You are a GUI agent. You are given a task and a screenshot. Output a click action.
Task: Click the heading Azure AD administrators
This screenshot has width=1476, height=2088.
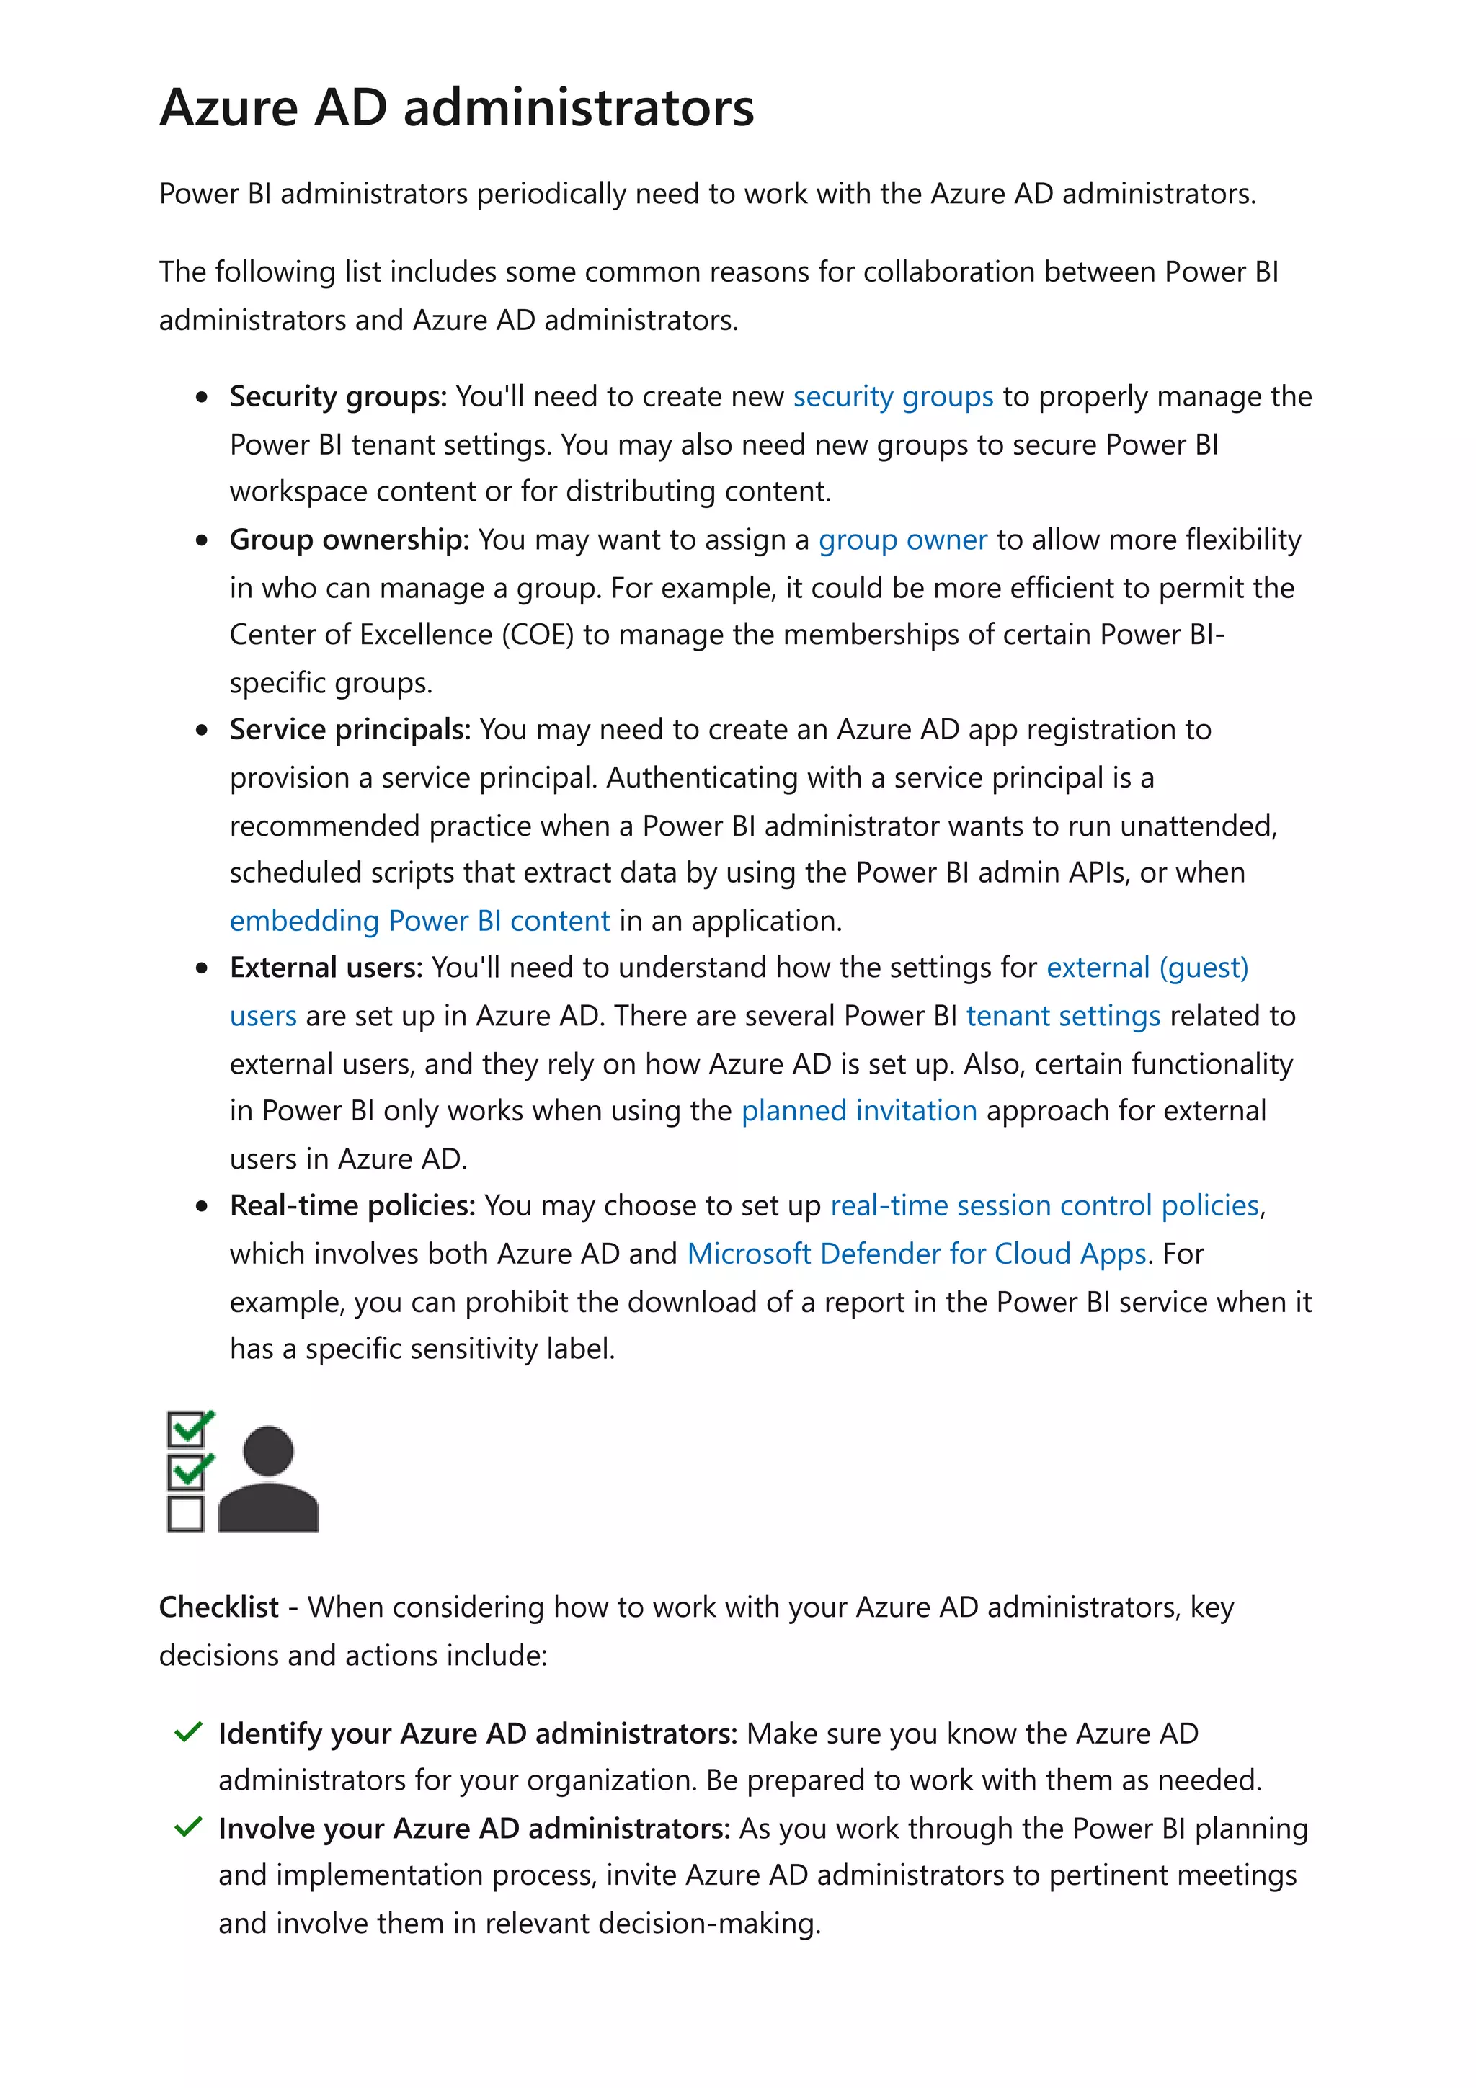(x=455, y=107)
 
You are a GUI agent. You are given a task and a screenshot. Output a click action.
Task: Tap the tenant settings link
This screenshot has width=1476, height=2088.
(x=1062, y=1015)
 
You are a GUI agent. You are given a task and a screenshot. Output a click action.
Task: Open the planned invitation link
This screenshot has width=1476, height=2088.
(x=858, y=1110)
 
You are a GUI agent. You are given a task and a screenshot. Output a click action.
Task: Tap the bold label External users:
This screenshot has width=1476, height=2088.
(x=326, y=968)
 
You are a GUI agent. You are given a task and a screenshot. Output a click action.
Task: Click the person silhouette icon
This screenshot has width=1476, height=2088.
(x=268, y=1480)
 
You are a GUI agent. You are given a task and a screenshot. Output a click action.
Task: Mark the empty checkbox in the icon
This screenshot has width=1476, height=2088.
(x=185, y=1514)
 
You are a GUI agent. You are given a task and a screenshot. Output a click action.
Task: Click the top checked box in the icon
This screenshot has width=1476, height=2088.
(x=187, y=1429)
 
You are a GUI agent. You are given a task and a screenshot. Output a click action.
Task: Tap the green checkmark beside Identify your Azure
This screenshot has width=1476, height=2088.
(x=187, y=1731)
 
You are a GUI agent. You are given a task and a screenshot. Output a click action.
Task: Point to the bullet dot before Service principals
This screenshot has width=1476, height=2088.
(x=202, y=731)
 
